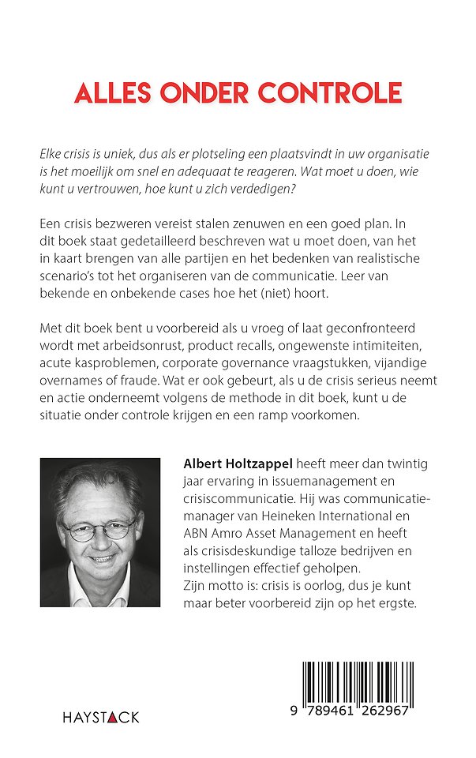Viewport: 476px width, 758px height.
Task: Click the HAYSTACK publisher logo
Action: [x=101, y=717]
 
